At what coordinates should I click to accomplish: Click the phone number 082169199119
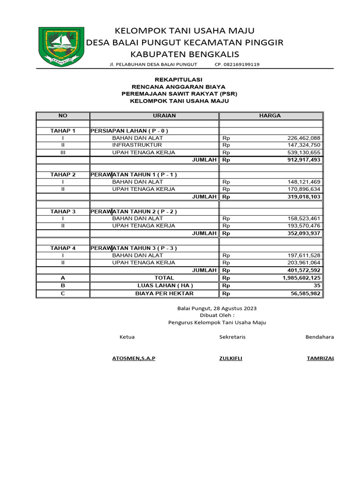coord(237,64)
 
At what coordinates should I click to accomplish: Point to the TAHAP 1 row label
coord(63,130)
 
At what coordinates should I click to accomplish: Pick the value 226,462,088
coord(303,138)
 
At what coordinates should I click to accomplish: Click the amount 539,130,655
coord(303,152)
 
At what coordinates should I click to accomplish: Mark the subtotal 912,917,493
coord(303,160)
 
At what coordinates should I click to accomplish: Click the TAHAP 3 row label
coord(63,211)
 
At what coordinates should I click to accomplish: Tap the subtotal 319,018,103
coord(303,196)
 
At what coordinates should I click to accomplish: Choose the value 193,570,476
coord(303,226)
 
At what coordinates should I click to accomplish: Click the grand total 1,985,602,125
coord(301,278)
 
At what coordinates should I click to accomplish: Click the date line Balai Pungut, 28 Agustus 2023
coord(217,308)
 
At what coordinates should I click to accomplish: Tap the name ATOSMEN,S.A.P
coord(134,358)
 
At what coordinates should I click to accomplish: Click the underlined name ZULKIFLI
coord(231,358)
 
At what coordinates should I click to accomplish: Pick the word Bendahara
coord(320,337)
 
